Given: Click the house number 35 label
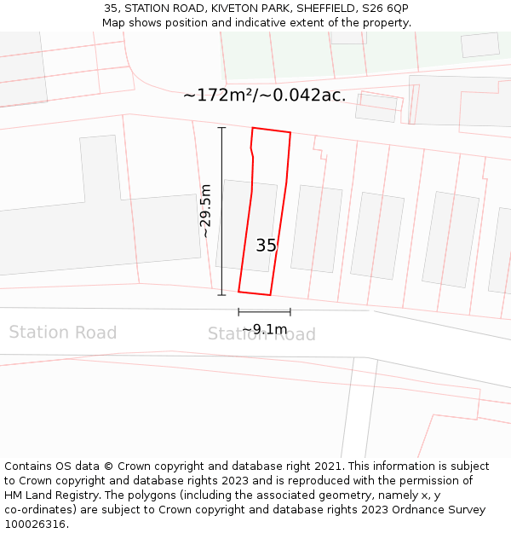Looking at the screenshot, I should click(266, 246).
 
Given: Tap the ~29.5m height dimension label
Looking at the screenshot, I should click(205, 211).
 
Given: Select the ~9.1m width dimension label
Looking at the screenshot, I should click(264, 329).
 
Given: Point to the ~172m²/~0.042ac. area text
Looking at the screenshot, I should click(264, 95).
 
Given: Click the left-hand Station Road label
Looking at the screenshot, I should click(62, 333).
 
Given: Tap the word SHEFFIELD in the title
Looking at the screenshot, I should click(326, 9).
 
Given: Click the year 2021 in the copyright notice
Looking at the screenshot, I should click(328, 466).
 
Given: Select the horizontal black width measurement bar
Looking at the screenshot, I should click(264, 311).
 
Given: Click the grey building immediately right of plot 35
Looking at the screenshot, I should click(316, 229).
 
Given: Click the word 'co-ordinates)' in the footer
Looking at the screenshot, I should click(43, 510).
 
